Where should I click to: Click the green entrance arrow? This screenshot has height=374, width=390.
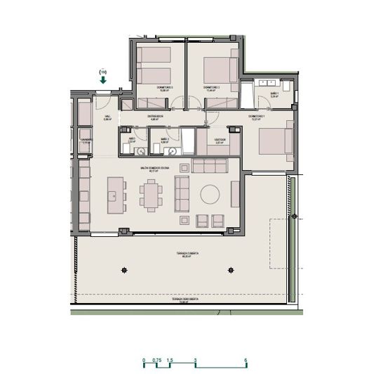pos(103,80)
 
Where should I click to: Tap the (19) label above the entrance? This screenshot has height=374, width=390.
pos(103,72)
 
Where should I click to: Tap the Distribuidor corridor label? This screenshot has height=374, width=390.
pos(155,117)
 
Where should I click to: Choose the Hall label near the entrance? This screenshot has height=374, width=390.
pos(107,118)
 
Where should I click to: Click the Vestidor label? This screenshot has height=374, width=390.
pos(217,140)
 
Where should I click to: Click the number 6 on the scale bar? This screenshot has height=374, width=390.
pos(246,360)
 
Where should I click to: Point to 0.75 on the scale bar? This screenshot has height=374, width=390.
pos(157,360)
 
